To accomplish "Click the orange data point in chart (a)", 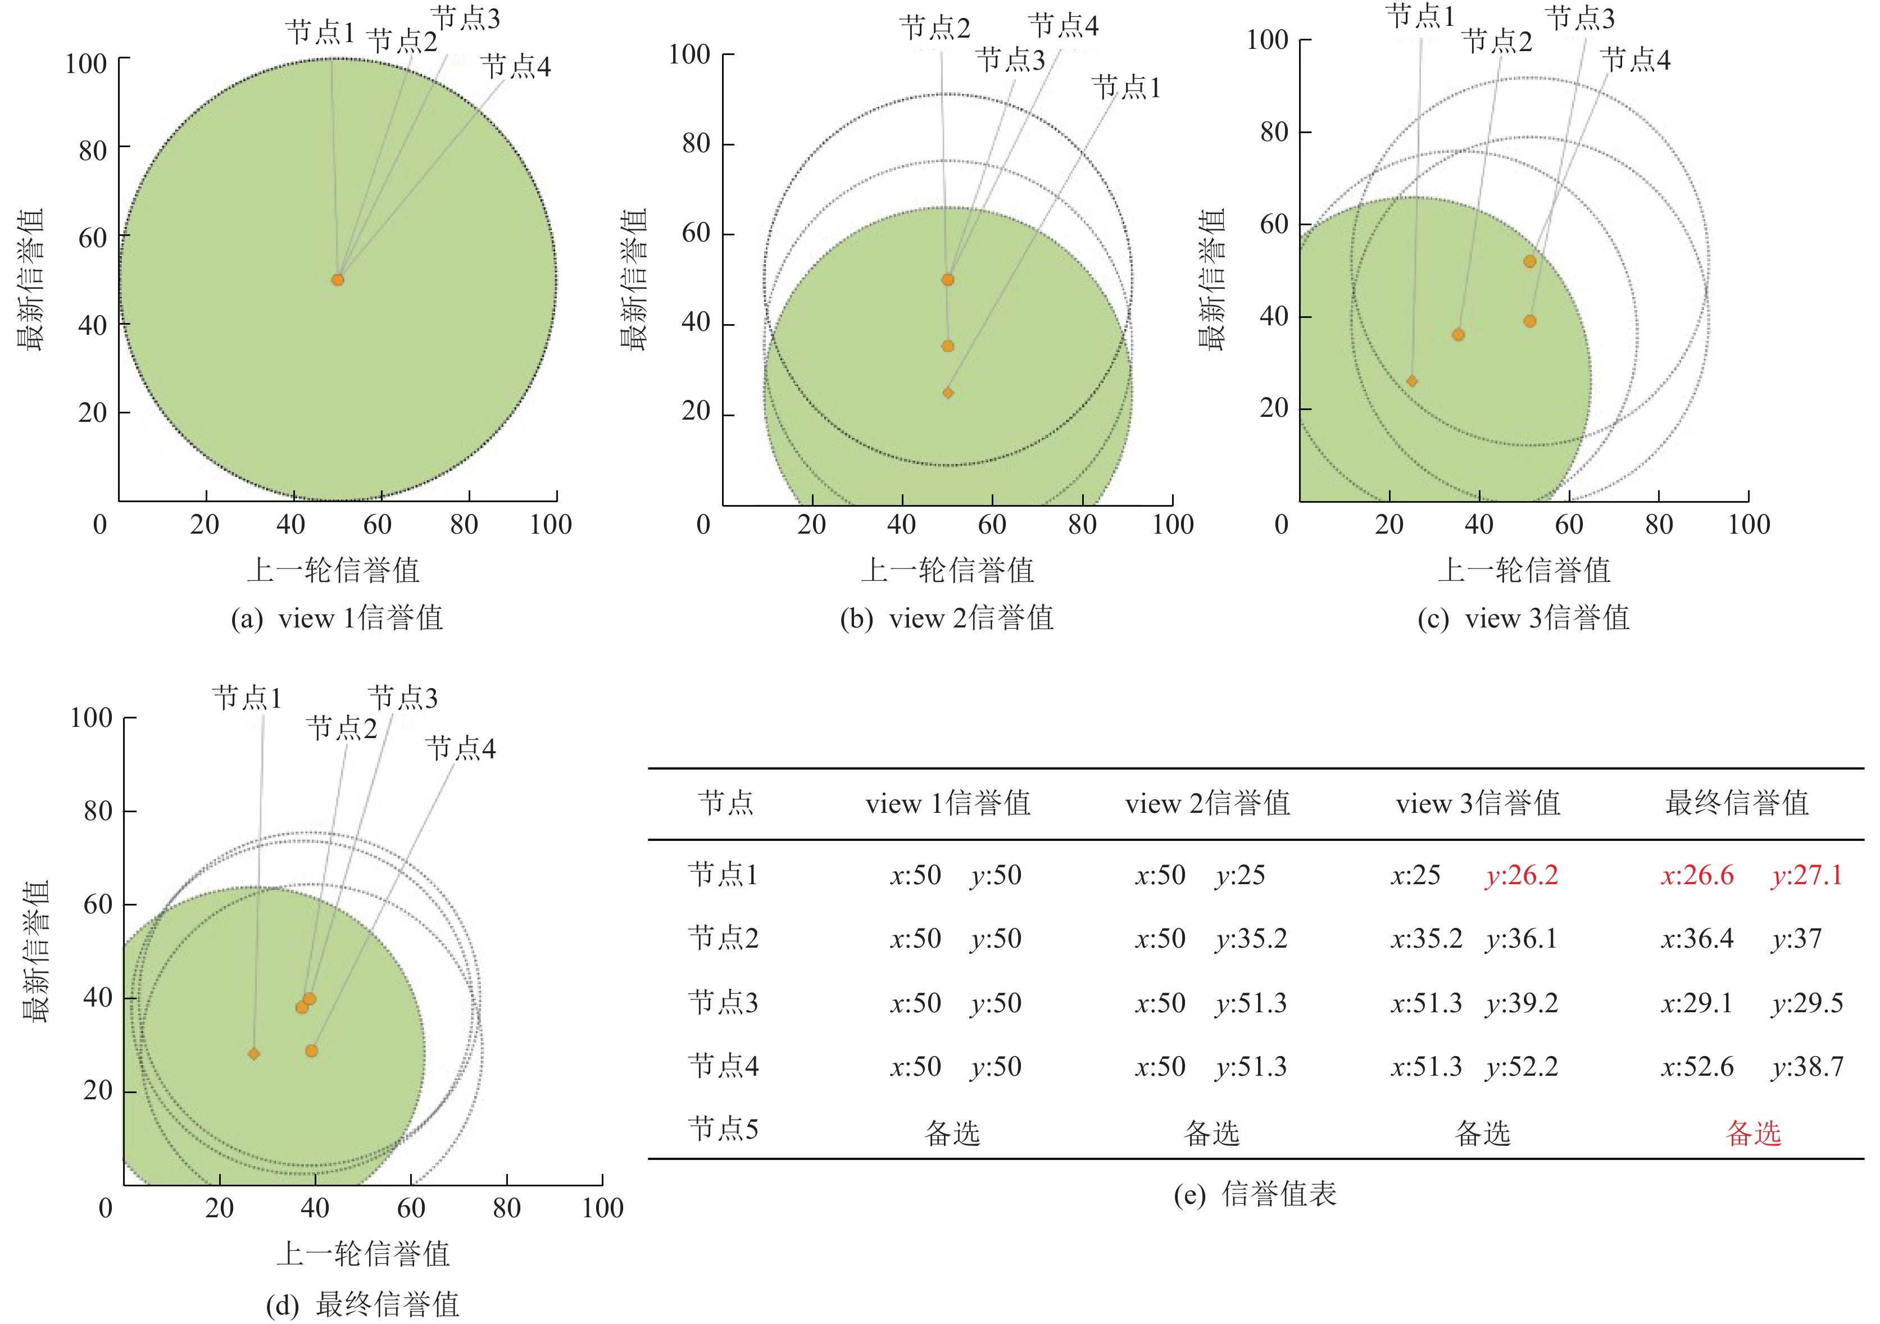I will (337, 280).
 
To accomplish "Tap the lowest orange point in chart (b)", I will (947, 393).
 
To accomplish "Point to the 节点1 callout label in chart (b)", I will (1127, 87).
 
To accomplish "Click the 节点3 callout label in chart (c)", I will (1581, 18).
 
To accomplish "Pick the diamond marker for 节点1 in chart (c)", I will (1411, 381).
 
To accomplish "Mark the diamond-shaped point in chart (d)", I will (254, 1054).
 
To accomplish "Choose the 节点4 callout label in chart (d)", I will (460, 748).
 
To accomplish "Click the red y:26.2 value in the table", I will (1522, 875).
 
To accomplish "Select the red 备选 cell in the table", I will (1753, 1133).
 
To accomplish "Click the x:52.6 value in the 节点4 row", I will (1697, 1066).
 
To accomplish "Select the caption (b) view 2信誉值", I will (947, 618).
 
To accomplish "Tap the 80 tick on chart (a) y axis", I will (92, 151).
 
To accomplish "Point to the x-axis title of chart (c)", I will (1524, 571).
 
